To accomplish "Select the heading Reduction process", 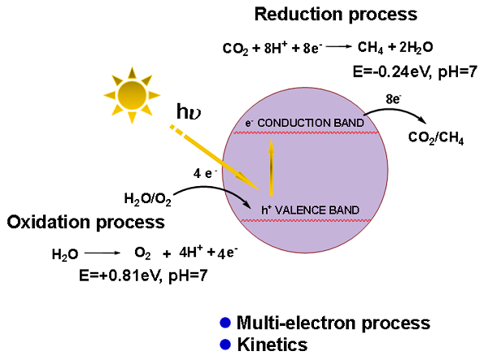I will [x=335, y=15].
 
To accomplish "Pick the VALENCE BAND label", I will [x=304, y=209].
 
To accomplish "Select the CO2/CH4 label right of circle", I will [x=436, y=139].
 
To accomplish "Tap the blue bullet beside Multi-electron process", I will [x=225, y=323].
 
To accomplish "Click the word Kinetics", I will [x=272, y=344].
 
